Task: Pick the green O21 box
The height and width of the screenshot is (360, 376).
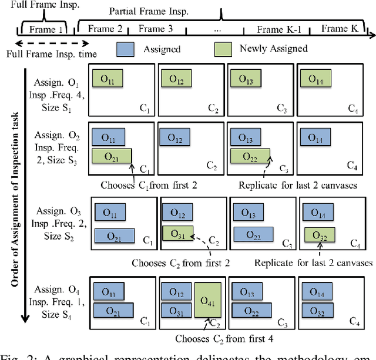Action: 112,156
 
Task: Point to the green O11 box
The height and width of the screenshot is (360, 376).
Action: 107,79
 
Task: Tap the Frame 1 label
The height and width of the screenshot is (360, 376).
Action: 43,29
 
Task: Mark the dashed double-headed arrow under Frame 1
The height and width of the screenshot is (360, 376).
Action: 49,43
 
